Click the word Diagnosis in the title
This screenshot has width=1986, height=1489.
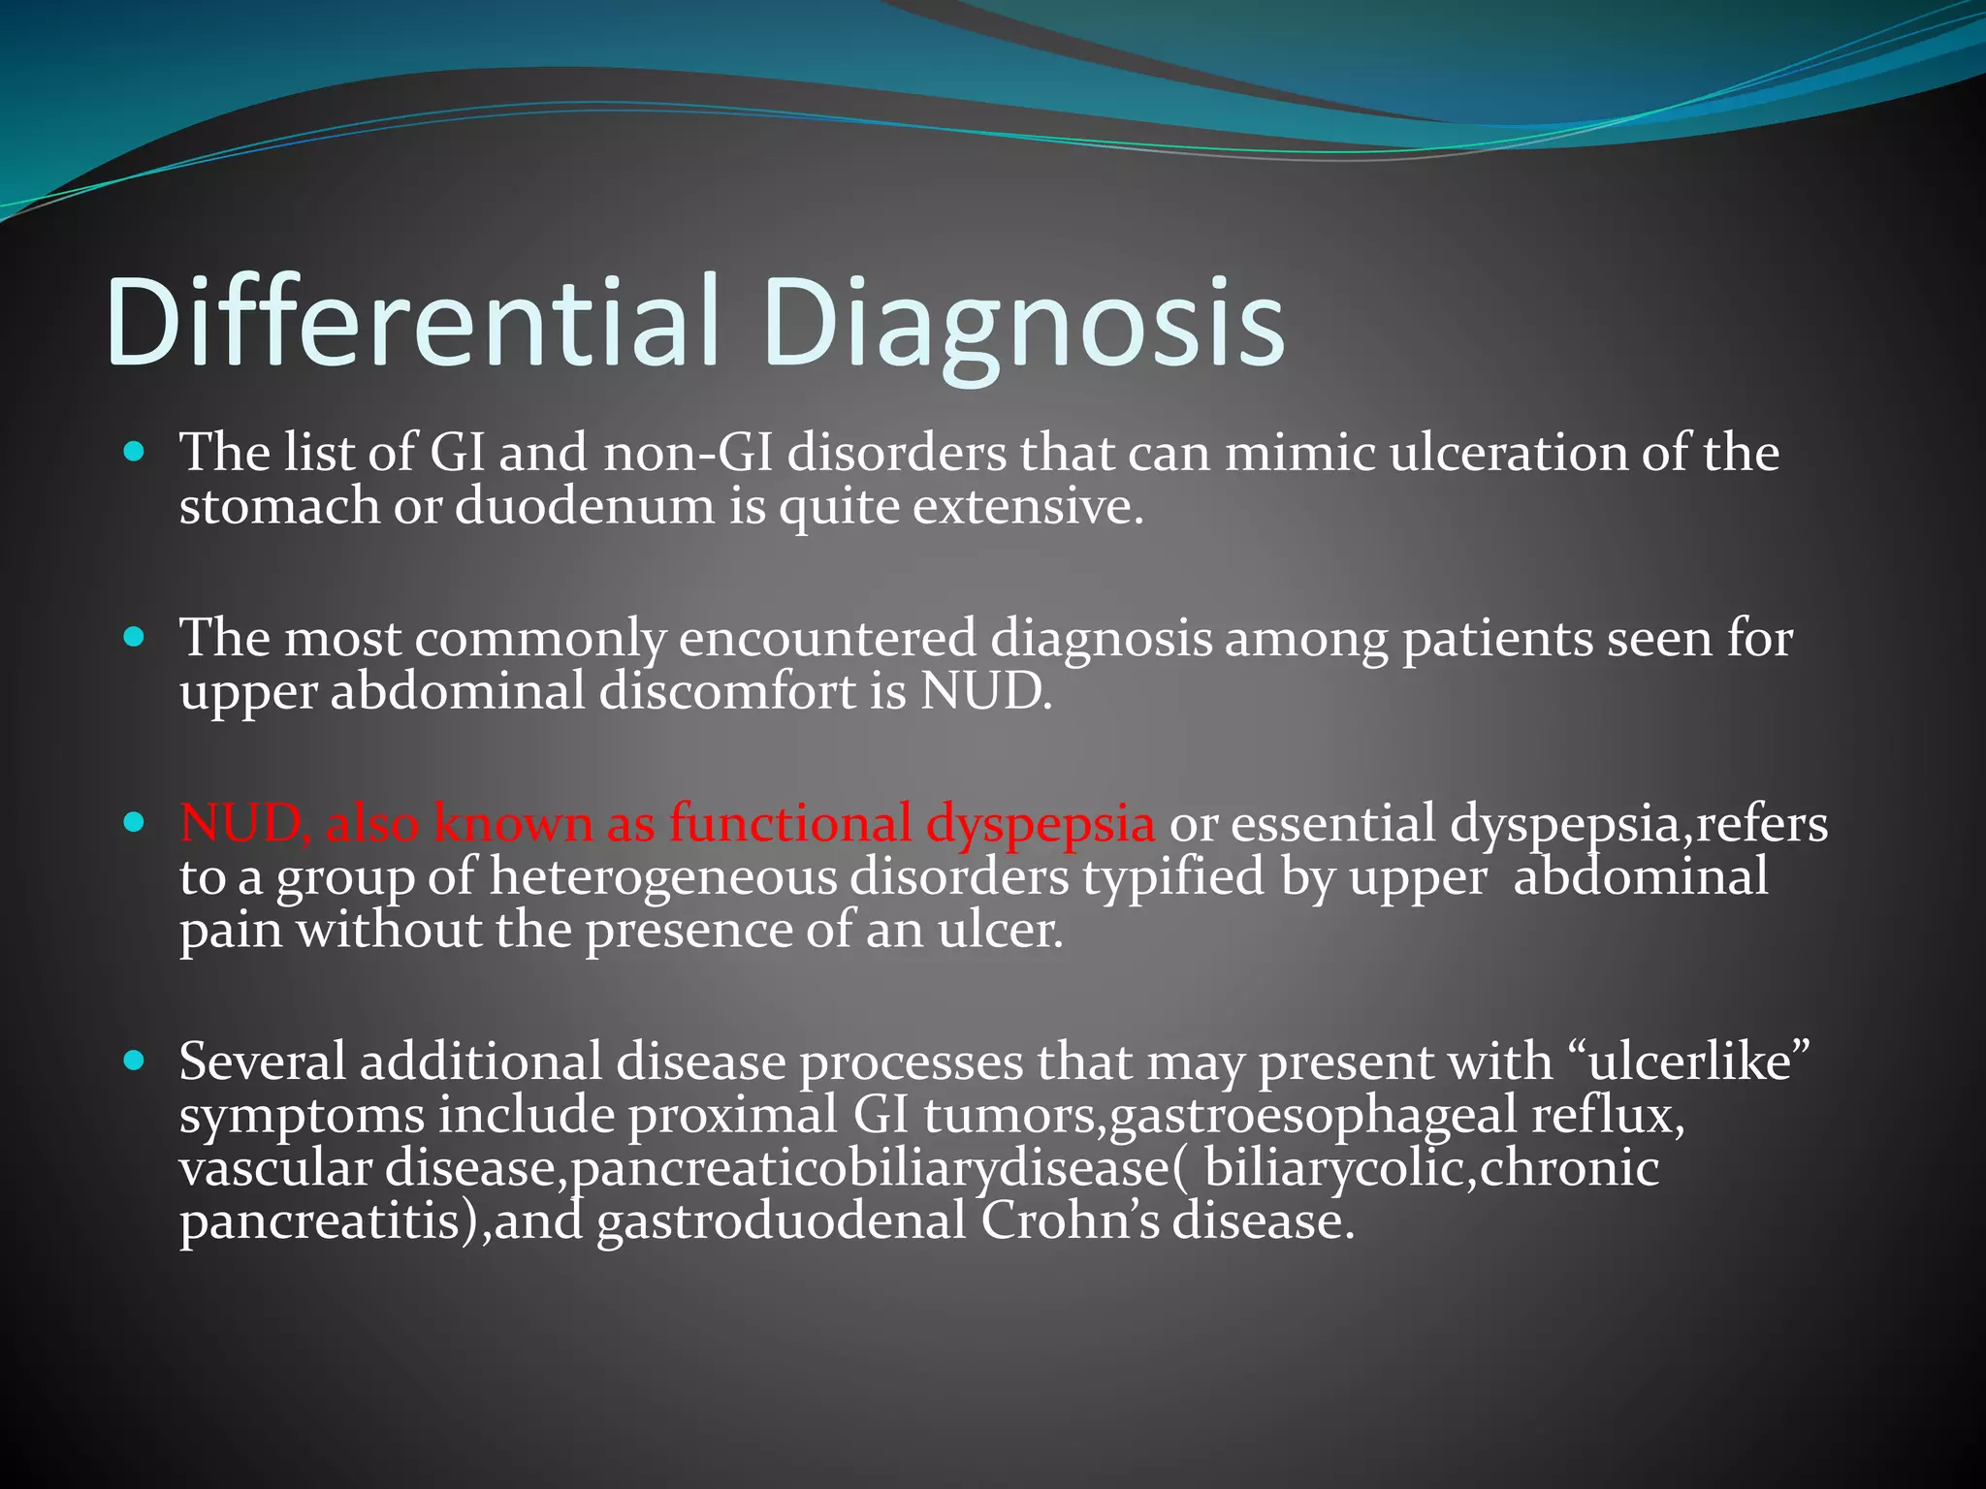(1023, 322)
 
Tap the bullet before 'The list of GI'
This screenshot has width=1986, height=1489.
(135, 452)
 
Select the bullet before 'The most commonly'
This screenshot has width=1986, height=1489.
(135, 638)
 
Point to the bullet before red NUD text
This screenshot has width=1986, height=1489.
(135, 823)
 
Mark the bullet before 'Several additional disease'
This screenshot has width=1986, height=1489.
(135, 1061)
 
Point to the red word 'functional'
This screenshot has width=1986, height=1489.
(789, 824)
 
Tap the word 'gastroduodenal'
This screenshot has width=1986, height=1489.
(781, 1221)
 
